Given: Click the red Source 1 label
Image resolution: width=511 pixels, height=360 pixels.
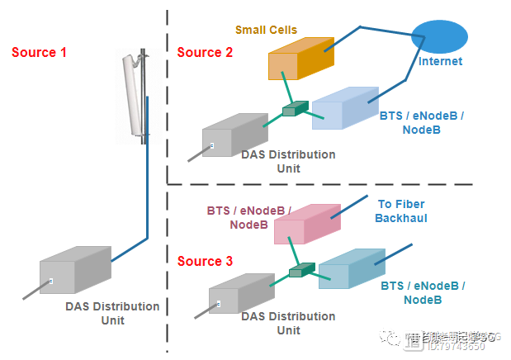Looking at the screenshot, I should tap(39, 53).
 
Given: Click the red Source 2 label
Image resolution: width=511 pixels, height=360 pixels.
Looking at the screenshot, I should tap(205, 53).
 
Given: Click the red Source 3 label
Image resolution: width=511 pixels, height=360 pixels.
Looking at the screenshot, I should tap(205, 262).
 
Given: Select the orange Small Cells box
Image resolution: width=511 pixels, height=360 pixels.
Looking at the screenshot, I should tap(300, 59).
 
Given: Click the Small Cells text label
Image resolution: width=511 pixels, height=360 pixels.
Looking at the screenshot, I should tap(266, 30).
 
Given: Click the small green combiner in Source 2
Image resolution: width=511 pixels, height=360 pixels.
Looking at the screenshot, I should tap(294, 110).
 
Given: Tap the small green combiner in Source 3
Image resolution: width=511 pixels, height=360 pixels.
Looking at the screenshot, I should tap(301, 269).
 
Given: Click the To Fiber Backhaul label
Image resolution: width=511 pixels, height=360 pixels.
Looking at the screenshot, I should tap(402, 211).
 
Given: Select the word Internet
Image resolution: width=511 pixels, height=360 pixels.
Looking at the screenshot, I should tap(440, 62).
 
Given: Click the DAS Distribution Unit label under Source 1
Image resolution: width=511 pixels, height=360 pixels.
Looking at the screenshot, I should tap(112, 313).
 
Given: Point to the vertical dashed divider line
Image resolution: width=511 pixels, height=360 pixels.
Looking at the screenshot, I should tap(168, 99).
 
